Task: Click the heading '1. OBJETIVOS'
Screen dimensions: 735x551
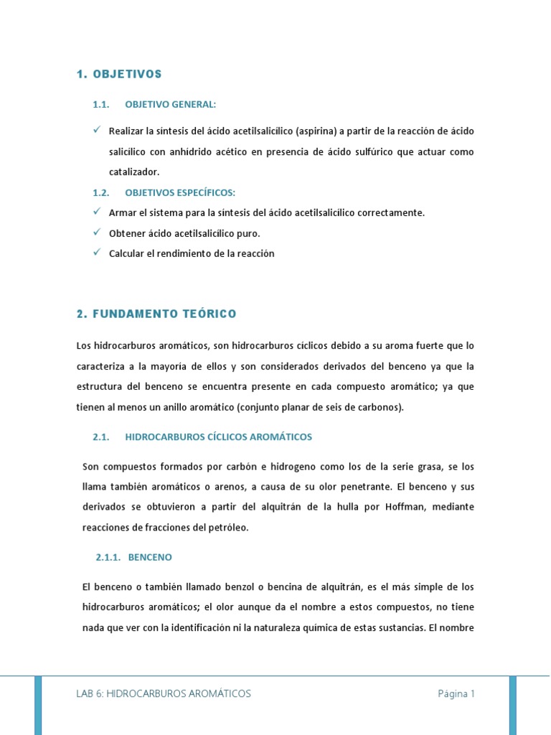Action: point(119,74)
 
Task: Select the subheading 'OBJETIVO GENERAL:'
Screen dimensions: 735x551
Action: point(170,105)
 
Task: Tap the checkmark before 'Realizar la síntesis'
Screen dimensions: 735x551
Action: point(97,131)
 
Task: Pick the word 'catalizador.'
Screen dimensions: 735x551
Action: point(134,172)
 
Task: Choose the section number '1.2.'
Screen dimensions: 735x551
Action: point(100,193)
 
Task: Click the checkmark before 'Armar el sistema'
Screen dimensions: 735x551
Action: point(97,212)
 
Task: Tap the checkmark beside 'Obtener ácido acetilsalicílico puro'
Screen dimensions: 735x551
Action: point(97,233)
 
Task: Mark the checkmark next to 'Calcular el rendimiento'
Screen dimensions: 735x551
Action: point(97,253)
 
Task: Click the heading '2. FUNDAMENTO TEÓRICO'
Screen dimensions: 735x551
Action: point(156,314)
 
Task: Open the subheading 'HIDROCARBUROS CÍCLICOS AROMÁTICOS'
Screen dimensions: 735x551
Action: point(218,436)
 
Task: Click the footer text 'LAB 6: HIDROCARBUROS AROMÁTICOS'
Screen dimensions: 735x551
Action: point(164,693)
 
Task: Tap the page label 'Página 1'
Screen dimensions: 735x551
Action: point(456,693)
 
